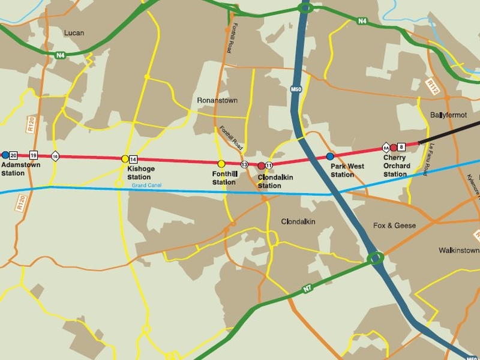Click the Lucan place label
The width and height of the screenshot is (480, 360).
click(74, 33)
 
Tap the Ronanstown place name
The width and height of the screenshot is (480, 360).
click(217, 101)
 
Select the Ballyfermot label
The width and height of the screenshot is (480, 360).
click(448, 115)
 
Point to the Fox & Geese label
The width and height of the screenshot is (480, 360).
click(394, 226)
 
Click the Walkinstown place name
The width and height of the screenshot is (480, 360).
click(459, 250)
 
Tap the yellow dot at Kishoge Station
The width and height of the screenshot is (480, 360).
click(125, 159)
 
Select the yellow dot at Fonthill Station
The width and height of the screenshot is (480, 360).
click(221, 164)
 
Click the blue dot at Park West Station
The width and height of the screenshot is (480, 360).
click(330, 156)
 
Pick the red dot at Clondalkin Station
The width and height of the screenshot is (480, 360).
click(261, 166)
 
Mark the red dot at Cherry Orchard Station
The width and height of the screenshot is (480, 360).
click(394, 148)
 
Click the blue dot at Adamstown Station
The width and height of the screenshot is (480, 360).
click(5, 155)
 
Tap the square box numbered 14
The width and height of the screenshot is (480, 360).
click(133, 159)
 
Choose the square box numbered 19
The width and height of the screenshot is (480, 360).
click(33, 155)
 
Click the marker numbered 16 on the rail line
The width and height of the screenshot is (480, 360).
click(55, 156)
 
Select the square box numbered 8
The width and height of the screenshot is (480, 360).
click(401, 146)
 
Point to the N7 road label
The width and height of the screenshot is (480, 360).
click(307, 289)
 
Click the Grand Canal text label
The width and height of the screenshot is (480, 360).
click(146, 186)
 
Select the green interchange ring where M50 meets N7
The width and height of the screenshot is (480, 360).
click(376, 259)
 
